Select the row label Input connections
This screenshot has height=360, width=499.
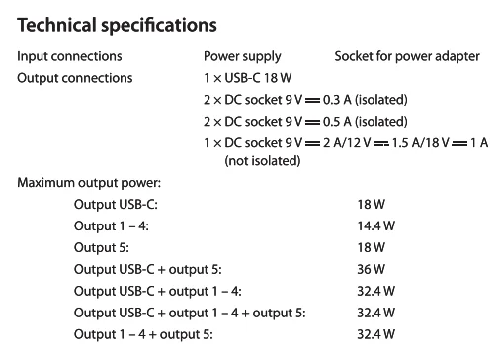(69, 56)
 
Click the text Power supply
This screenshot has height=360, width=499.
(242, 56)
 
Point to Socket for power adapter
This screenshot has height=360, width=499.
(407, 56)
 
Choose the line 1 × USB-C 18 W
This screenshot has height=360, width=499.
(248, 77)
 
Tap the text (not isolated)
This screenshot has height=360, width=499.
(262, 160)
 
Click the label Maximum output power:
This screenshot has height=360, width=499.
(89, 183)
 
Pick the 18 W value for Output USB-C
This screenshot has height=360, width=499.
(371, 205)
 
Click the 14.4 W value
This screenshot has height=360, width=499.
(375, 225)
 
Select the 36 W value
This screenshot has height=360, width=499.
(371, 269)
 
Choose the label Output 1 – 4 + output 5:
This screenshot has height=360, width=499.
(143, 334)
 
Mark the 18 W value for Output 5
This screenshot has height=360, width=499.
(371, 247)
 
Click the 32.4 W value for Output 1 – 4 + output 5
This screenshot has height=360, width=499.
(375, 334)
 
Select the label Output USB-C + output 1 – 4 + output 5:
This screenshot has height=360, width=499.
(189, 313)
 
